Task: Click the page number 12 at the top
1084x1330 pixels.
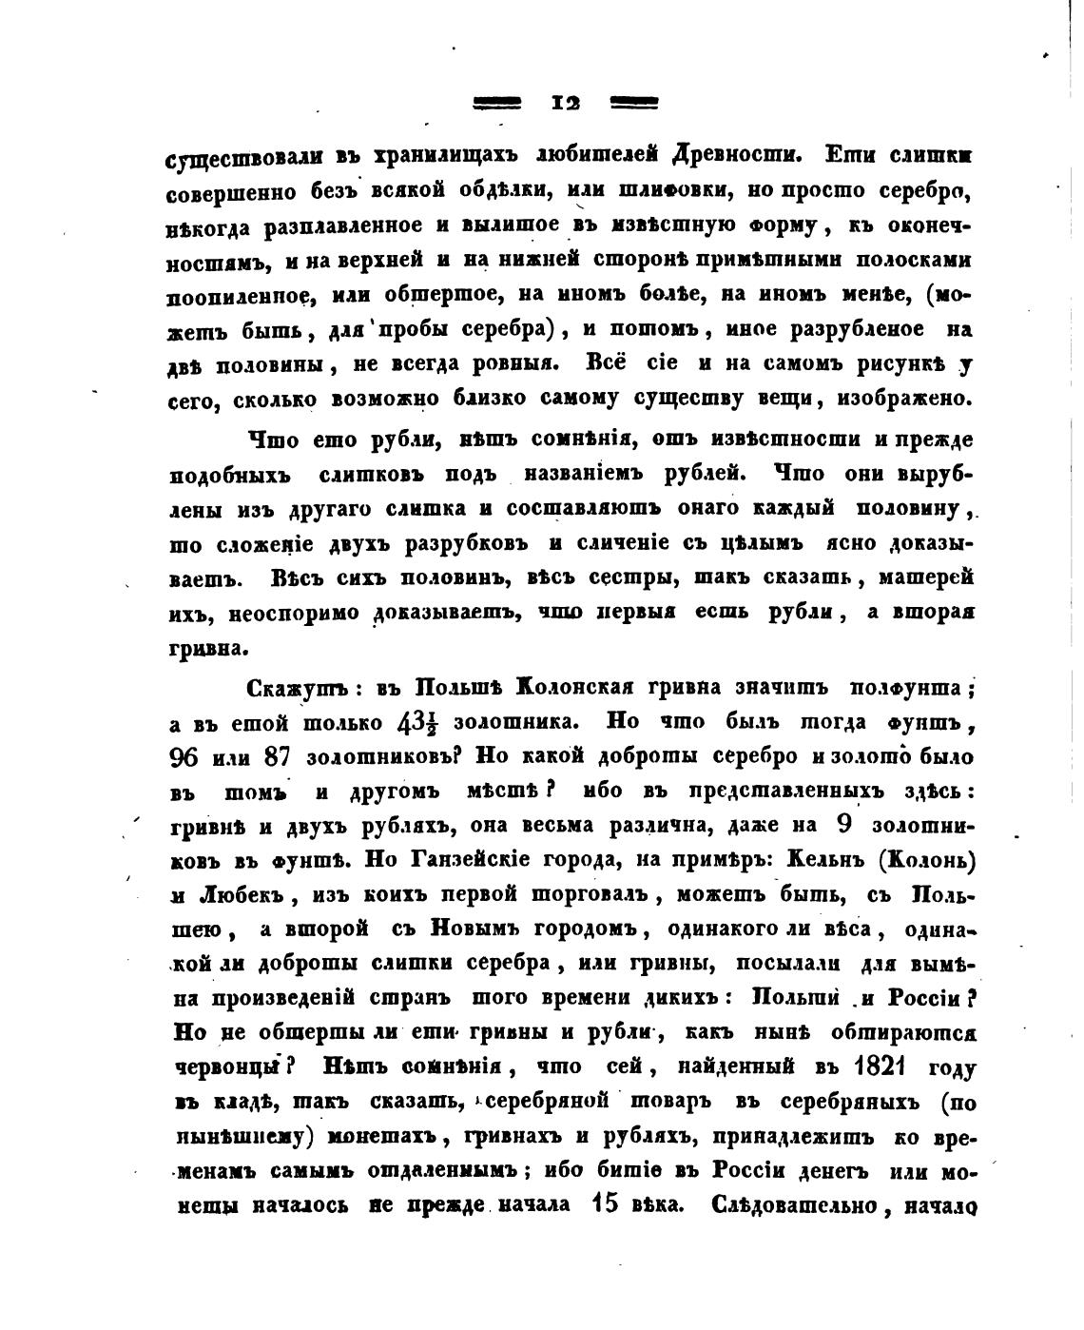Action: pos(567,103)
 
